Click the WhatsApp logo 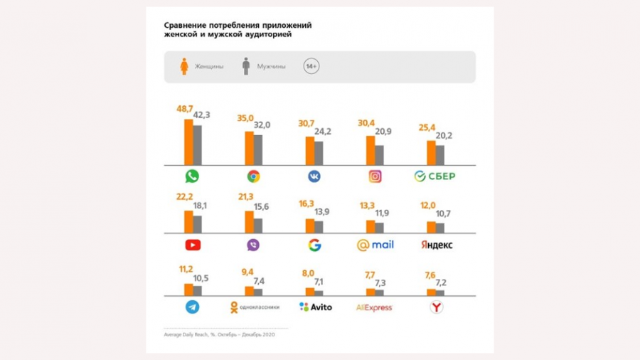click(x=192, y=176)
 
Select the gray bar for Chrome click(x=257, y=149)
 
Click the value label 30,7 click(x=306, y=124)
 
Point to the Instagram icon click(x=375, y=176)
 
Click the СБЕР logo click(x=434, y=176)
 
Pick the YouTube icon click(x=192, y=245)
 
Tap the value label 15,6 click(x=262, y=206)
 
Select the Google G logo click(x=314, y=245)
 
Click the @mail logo click(x=375, y=245)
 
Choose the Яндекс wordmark click(x=436, y=245)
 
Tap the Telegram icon click(x=192, y=307)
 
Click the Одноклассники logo click(x=254, y=307)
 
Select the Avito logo click(x=315, y=307)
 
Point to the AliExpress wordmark click(x=375, y=307)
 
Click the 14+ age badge click(x=311, y=66)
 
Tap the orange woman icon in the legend click(x=184, y=66)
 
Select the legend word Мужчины click(x=271, y=67)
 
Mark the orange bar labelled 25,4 click(x=431, y=152)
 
